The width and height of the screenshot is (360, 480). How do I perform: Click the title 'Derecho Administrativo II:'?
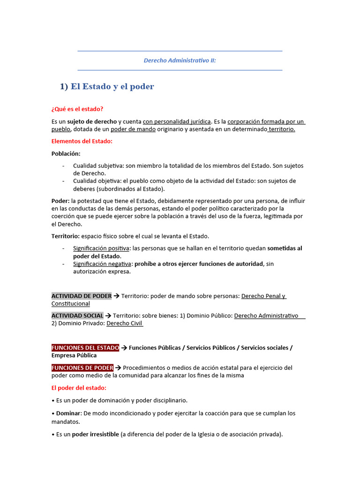[180, 60]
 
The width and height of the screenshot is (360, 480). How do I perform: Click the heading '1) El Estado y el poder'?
[107, 87]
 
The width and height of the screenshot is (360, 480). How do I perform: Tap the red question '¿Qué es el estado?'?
[77, 109]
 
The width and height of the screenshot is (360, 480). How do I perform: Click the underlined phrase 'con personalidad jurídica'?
[177, 122]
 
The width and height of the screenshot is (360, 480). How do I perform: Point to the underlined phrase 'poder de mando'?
[133, 129]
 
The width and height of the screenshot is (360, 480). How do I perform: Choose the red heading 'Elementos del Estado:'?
[82, 141]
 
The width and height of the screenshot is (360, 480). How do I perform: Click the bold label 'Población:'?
[66, 153]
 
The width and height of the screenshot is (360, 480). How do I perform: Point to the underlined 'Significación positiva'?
[101, 248]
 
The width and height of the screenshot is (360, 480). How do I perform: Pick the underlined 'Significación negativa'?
[102, 264]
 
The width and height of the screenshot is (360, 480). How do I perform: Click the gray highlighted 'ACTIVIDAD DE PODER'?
[82, 296]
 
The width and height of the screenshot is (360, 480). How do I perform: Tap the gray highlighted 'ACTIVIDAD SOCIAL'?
[77, 315]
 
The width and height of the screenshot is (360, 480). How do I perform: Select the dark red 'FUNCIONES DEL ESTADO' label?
[85, 348]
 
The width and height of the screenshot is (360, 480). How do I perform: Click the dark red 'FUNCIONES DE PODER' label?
[82, 368]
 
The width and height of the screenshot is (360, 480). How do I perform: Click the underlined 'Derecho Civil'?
[124, 323]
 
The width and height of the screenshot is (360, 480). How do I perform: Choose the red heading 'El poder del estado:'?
[79, 388]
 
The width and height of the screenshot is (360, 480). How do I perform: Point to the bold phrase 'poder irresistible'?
[95, 435]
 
